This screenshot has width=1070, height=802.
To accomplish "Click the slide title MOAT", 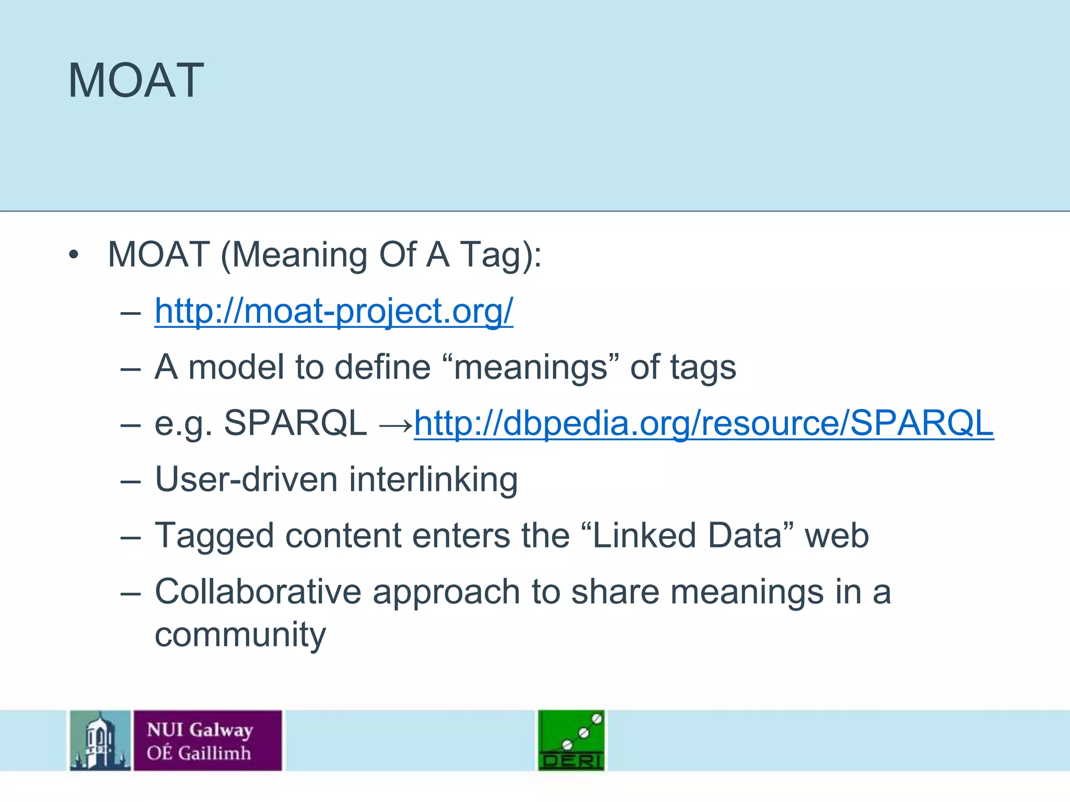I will click(x=136, y=81).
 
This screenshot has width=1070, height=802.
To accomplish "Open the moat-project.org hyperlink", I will click(x=333, y=311).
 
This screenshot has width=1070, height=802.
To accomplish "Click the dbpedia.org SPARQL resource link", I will click(x=703, y=423).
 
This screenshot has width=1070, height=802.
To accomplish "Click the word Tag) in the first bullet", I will click(x=501, y=256).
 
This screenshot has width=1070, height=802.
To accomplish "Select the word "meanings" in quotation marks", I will click(x=530, y=367).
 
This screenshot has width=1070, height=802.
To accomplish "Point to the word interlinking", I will click(x=433, y=479).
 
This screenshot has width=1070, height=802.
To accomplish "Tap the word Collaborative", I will click(x=258, y=592).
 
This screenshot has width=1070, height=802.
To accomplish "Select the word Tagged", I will click(x=214, y=537).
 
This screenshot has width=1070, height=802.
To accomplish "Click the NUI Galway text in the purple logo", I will click(x=200, y=729).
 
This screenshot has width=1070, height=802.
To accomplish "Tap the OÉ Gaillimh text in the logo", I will click(x=199, y=753).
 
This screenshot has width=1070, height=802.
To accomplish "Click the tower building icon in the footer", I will click(x=100, y=740).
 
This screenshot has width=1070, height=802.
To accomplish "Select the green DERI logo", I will click(x=571, y=740).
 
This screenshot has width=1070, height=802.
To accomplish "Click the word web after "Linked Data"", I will click(x=836, y=536).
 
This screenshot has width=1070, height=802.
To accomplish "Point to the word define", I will click(x=382, y=367).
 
